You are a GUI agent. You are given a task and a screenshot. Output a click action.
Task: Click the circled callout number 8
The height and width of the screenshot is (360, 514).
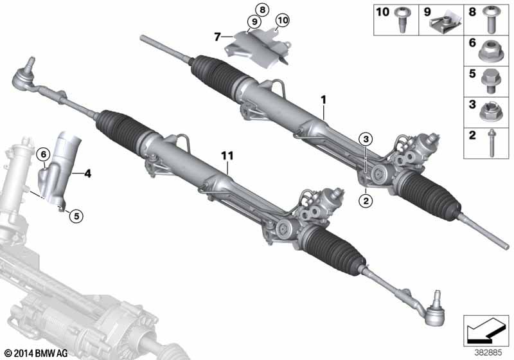(262, 10)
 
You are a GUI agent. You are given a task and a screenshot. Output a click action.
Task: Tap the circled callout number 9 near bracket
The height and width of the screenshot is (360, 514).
(254, 22)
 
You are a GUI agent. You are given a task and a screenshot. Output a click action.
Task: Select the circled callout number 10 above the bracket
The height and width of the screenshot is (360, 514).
(282, 21)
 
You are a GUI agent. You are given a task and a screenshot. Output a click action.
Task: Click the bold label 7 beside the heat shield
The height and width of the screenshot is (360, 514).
(217, 37)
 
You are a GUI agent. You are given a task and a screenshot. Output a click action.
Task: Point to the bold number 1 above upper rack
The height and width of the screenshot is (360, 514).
(324, 100)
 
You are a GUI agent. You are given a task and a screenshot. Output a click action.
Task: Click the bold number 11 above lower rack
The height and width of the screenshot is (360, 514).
(227, 156)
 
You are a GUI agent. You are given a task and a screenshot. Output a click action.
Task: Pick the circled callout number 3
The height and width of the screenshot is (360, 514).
(366, 139)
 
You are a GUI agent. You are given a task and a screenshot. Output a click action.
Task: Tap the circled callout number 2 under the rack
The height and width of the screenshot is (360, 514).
(366, 201)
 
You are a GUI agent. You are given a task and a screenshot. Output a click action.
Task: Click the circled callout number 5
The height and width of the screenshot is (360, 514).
(76, 216)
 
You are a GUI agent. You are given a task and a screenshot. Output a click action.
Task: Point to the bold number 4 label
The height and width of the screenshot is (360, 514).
(87, 174)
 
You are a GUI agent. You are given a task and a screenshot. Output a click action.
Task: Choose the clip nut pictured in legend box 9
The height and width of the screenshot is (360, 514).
(446, 22)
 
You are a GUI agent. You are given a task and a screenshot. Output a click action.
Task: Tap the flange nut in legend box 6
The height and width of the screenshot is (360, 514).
(490, 51)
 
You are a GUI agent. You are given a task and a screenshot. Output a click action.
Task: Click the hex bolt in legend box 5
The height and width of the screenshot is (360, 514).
(490, 81)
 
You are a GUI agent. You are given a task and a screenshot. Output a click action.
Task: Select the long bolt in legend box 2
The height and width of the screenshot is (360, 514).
(491, 143)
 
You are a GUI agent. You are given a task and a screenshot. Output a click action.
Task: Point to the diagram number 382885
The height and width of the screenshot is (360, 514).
(488, 353)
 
